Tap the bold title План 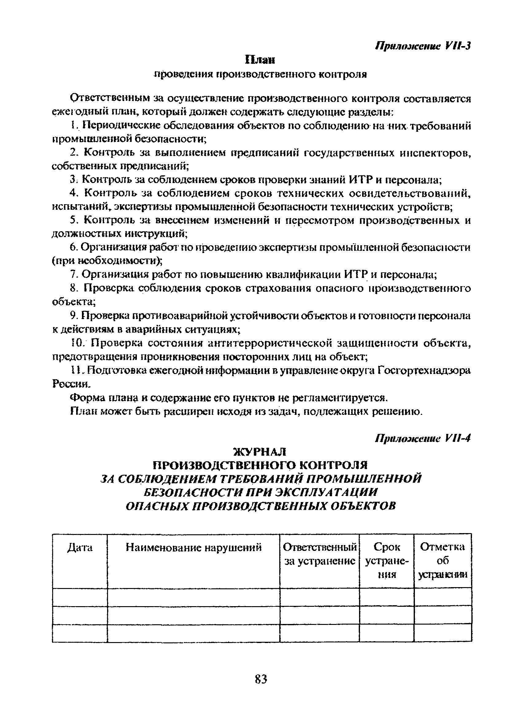(260, 60)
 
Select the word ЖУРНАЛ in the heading (261, 452)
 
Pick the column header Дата (80, 548)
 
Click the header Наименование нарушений (194, 548)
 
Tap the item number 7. (73, 275)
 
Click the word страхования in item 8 (278, 288)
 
